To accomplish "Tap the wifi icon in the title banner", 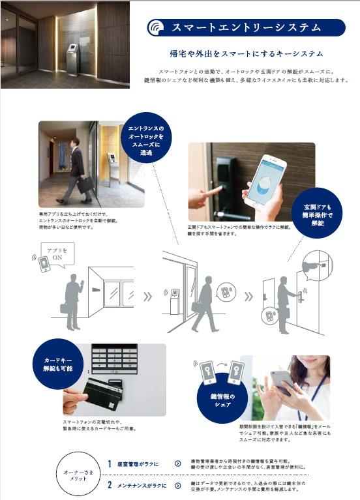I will pyautogui.click(x=157, y=28).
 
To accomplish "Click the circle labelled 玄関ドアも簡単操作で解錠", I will pyautogui.click(x=318, y=212).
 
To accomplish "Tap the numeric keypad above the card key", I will pyautogui.click(x=114, y=359).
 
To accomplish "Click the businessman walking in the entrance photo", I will pyautogui.click(x=78, y=171).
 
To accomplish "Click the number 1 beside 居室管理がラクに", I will pyautogui.click(x=110, y=464).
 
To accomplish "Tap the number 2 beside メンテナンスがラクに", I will pyautogui.click(x=110, y=485).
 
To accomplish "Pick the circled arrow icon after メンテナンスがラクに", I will pyautogui.click(x=177, y=485).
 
